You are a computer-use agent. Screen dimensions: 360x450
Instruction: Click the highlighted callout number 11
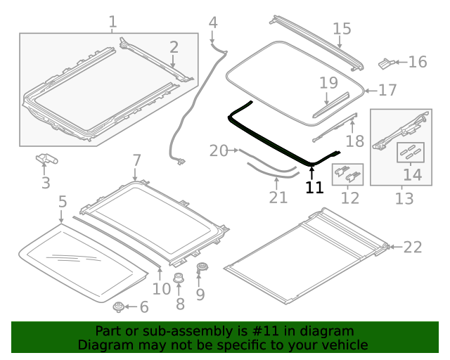314,188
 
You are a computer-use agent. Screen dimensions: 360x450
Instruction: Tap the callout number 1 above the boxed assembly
112,22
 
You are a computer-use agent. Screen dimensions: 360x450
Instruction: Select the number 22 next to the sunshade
413,247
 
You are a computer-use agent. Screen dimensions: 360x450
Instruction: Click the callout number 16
417,63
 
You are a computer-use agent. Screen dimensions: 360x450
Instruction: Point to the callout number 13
404,199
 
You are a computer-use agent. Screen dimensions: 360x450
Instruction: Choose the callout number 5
63,202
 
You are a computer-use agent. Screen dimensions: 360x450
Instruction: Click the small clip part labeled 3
46,161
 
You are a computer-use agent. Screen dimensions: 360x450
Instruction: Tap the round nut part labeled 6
118,307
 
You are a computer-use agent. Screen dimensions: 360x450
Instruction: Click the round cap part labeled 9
204,267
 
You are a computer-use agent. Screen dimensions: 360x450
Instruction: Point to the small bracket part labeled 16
386,63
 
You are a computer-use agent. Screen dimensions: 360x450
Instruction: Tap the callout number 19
328,83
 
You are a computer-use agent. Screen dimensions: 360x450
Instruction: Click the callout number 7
136,160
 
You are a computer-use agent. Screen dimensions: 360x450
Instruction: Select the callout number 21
278,197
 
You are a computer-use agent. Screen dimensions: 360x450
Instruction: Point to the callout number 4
213,23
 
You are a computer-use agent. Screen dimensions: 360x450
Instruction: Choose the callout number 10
162,288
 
